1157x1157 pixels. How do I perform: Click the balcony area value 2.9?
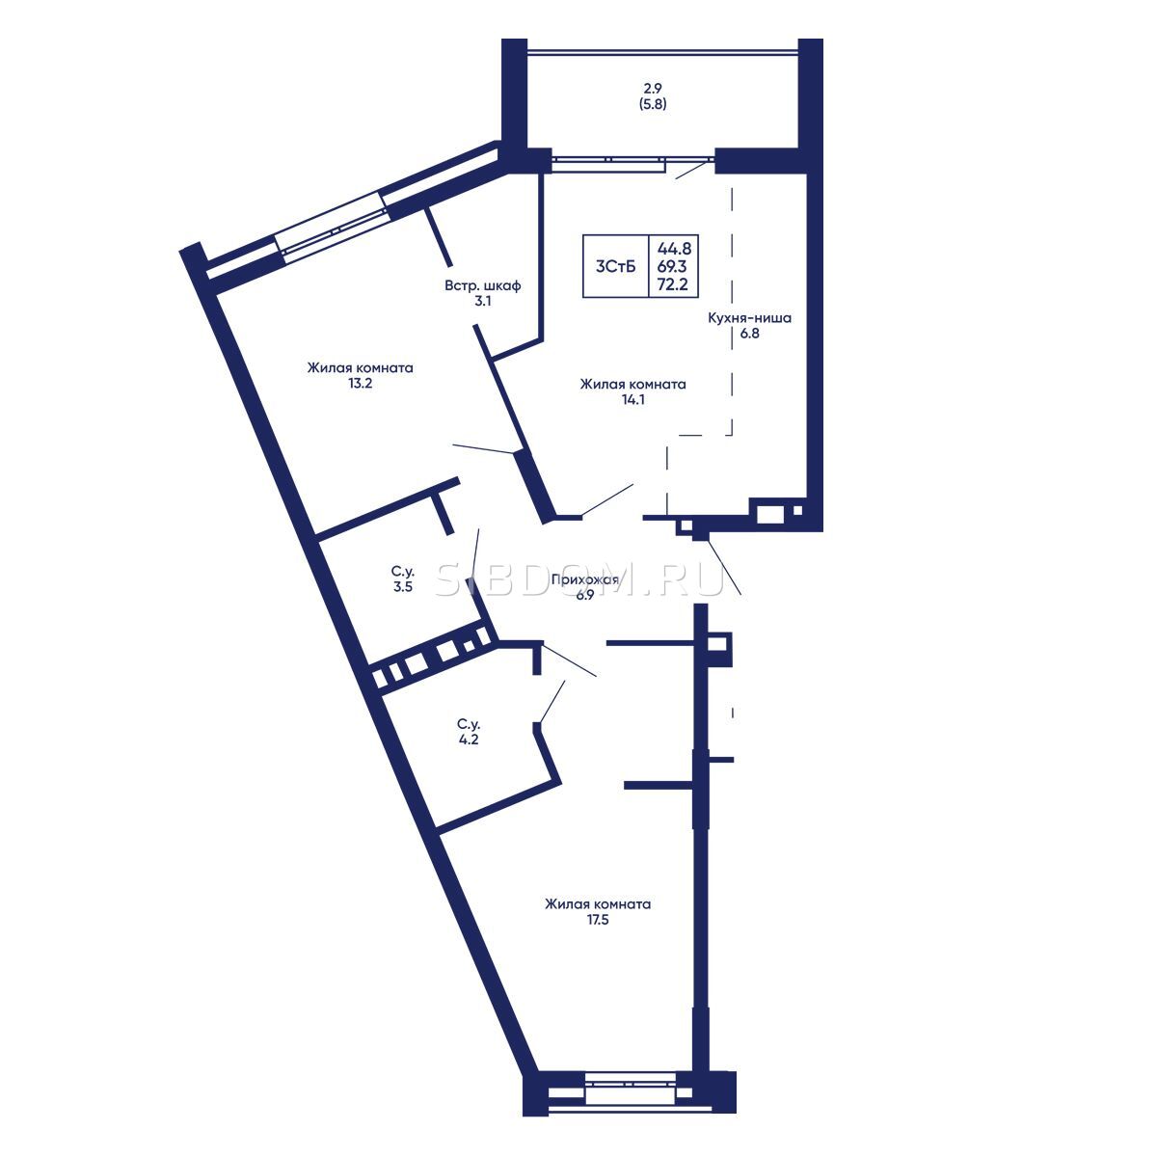click(x=653, y=89)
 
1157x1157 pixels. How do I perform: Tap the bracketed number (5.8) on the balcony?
click(x=653, y=104)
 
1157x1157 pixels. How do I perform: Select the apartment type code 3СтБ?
click(x=615, y=266)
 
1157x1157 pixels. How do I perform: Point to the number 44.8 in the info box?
click(x=674, y=248)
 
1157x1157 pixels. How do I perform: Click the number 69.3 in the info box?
click(x=672, y=266)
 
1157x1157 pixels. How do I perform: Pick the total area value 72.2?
click(x=673, y=284)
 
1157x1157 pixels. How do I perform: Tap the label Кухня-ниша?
click(x=749, y=317)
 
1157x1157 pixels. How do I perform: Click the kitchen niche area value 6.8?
click(x=749, y=334)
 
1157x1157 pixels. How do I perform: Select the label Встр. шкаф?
click(x=483, y=285)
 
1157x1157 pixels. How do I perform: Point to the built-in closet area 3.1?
click(x=483, y=302)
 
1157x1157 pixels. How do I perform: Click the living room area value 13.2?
click(x=361, y=383)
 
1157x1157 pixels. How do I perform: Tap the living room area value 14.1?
click(x=632, y=399)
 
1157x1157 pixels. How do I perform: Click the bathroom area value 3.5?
click(x=403, y=586)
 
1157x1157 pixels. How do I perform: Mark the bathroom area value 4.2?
click(x=469, y=740)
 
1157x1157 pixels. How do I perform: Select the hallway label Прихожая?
click(x=585, y=580)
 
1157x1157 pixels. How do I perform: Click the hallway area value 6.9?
click(x=585, y=596)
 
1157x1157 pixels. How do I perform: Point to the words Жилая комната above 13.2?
click(x=361, y=367)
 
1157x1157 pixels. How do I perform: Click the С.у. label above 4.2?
click(x=469, y=724)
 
